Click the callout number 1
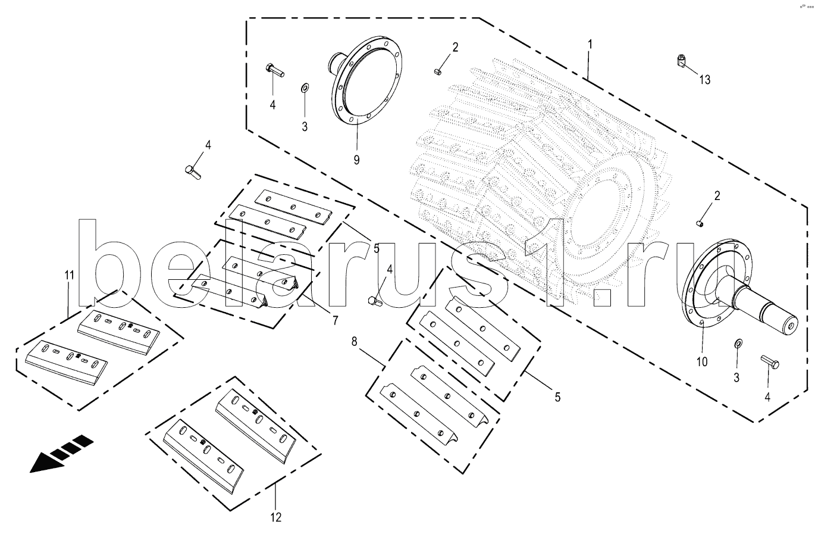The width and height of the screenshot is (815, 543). tap(590, 45)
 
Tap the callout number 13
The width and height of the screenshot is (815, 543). tap(705, 80)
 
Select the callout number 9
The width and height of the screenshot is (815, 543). tap(356, 160)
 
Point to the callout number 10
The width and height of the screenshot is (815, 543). tap(702, 361)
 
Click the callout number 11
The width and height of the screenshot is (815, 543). tap(70, 275)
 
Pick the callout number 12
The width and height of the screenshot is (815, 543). tap(276, 517)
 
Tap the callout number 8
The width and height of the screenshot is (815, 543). tap(354, 342)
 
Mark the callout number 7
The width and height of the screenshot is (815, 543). tap(335, 320)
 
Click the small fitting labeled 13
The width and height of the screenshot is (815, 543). tap(681, 61)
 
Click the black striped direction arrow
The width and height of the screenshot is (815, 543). tap(61, 454)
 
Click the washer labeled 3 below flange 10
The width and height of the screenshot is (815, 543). tap(738, 344)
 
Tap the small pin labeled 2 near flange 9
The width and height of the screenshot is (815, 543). tap(438, 71)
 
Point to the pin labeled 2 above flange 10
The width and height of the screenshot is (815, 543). tap(700, 223)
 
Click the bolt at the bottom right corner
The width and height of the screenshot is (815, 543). tap(770, 362)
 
